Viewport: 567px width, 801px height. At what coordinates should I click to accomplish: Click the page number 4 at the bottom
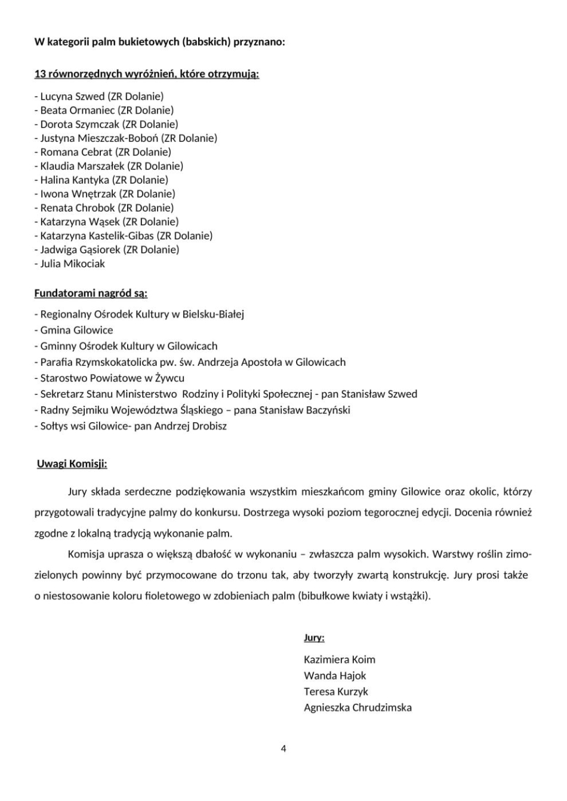point(283,749)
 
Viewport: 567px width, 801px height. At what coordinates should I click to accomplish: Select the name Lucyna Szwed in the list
point(72,96)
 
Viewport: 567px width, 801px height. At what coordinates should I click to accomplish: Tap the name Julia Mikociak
point(72,264)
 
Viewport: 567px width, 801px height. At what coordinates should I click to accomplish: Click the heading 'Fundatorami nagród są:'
point(91,293)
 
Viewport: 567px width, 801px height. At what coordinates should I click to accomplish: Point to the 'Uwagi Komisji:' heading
point(72,464)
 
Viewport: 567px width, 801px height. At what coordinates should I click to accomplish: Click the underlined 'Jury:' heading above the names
point(314,638)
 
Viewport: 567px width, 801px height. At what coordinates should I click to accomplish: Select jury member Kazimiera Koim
point(339,660)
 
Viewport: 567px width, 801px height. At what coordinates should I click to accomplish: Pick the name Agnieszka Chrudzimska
point(358,708)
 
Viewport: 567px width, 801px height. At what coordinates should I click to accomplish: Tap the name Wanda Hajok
point(335,676)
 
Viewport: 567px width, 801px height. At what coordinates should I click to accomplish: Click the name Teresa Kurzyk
point(336,692)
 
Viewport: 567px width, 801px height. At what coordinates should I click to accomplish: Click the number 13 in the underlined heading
point(40,74)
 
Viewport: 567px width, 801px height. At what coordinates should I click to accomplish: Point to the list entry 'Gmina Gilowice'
point(76,330)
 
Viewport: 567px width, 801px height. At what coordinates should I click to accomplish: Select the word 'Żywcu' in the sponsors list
point(170,378)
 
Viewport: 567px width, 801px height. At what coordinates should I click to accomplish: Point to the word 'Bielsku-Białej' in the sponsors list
point(214,314)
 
